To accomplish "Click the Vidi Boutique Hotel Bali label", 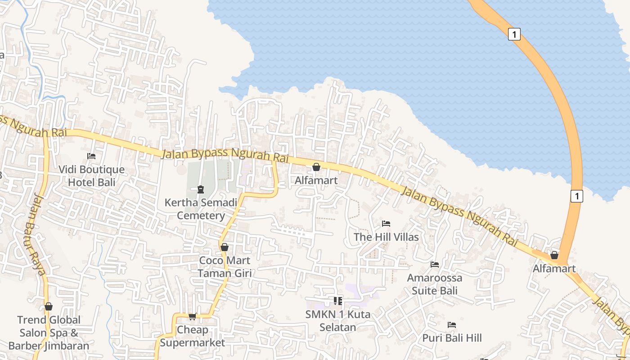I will (92, 176).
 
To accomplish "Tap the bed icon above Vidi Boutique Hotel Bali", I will (91, 156).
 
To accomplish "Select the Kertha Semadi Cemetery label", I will (201, 209).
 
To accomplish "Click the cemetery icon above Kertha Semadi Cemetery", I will (201, 189).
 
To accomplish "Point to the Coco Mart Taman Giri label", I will (225, 266).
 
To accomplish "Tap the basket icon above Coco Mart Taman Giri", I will (225, 247).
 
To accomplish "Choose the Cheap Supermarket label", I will (192, 336).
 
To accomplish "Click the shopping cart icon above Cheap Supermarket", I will (192, 317).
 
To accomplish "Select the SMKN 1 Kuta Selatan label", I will (338, 320).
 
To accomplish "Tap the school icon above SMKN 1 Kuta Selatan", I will (338, 301).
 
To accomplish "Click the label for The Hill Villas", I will (386, 237).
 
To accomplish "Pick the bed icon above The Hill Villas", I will (386, 223).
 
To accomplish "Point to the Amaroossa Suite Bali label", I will (435, 284).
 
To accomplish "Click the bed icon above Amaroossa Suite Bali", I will (435, 264).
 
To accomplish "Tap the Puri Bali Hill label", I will (452, 337).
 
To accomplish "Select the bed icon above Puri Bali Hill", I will (452, 324).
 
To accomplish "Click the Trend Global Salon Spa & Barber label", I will (49, 333).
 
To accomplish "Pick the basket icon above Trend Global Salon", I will (49, 307).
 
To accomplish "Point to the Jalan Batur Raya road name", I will (35, 234).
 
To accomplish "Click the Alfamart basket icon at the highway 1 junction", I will (554, 255).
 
